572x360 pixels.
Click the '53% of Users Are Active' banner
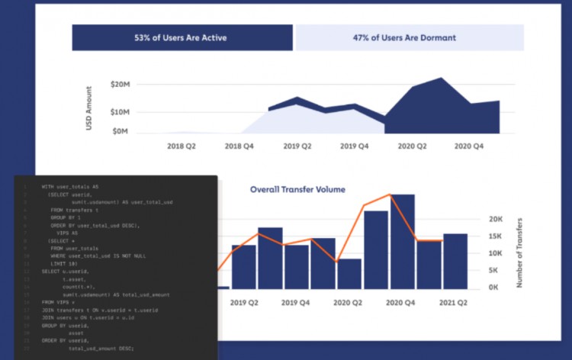[182, 37]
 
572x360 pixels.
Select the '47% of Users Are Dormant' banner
[410, 37]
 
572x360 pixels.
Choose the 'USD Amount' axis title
[89, 108]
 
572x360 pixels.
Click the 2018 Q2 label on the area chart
[182, 146]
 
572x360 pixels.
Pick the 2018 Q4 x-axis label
[239, 146]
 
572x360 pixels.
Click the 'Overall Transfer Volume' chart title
[297, 189]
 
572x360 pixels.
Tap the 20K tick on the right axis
[496, 219]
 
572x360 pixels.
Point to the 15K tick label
[496, 236]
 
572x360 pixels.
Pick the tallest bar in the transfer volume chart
[403, 242]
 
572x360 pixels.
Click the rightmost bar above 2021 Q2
[455, 261]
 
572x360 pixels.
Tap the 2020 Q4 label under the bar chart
[401, 303]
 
